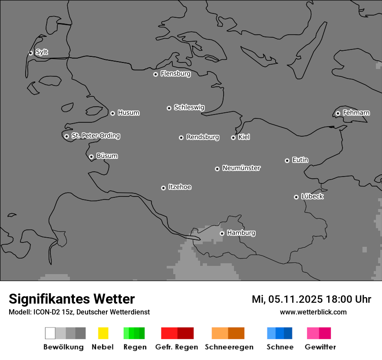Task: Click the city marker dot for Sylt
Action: coord(30,53)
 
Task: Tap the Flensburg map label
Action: coord(175,74)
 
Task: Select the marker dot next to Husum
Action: coord(112,113)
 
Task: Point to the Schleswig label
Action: coord(189,107)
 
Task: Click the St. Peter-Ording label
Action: coord(95,136)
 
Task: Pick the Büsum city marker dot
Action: coord(91,157)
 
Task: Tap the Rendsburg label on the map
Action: coord(203,137)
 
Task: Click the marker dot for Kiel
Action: coord(233,137)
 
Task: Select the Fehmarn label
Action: coord(356,113)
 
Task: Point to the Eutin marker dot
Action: coord(287,160)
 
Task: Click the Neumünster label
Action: coord(241,168)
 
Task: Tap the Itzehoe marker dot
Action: coord(163,188)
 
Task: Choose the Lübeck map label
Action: coord(312,196)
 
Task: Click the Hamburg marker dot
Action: coord(222,233)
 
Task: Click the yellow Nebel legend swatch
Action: coord(103,333)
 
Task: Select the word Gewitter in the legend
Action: coord(320,347)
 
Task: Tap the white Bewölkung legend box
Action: coord(50,333)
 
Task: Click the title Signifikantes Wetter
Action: coord(72,299)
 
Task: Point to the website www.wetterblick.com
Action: coord(313,312)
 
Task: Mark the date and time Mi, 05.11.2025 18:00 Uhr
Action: coord(311,299)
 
